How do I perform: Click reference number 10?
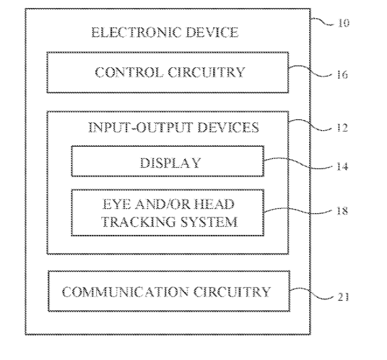click(343, 23)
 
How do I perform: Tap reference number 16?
click(342, 74)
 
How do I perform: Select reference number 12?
click(342, 128)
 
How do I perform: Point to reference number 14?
click(342, 166)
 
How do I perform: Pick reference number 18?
click(342, 211)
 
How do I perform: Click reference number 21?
click(343, 297)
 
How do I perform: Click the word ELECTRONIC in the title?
click(136, 33)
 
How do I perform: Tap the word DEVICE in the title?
click(212, 33)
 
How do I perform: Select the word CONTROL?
click(129, 72)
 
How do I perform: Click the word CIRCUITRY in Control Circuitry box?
click(206, 72)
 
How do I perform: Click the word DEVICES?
click(228, 127)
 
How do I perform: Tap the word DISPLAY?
click(170, 163)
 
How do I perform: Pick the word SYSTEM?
click(209, 222)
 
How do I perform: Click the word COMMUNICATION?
click(125, 292)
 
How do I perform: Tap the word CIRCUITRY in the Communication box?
click(232, 292)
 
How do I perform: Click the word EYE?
click(116, 205)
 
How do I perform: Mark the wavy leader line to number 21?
click(311, 293)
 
